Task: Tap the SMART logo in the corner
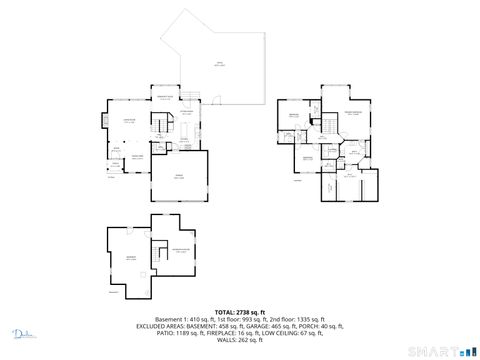click(x=448, y=350)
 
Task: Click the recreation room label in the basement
click(x=179, y=249)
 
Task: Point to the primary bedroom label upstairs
click(x=352, y=116)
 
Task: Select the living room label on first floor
click(x=129, y=122)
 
